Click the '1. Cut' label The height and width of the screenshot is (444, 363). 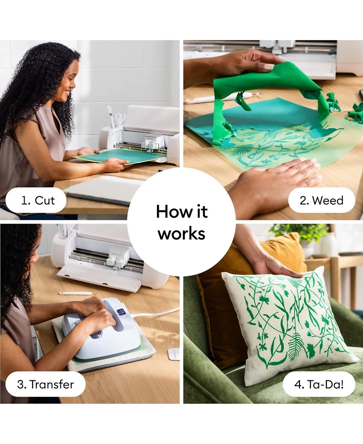[38, 200]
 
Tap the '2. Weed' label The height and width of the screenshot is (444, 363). [322, 200]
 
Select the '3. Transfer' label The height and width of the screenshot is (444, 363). [45, 384]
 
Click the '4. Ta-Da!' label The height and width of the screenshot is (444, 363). [319, 384]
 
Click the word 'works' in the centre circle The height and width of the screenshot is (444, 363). [181, 234]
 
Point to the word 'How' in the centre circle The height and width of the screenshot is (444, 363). [170, 211]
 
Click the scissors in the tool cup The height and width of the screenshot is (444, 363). [120, 118]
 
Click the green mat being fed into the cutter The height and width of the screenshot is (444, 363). [120, 156]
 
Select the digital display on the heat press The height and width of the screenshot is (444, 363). [121, 312]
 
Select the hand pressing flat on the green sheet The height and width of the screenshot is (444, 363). [275, 181]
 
